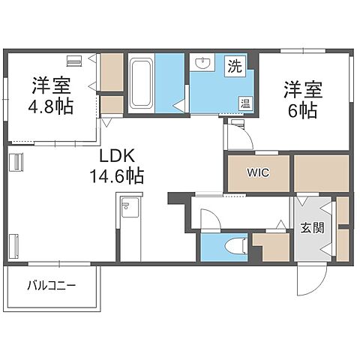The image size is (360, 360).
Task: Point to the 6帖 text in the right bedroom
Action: pos(302,110)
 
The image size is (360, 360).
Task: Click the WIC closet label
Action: pos(258,172)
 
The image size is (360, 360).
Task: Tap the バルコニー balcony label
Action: pos(52,285)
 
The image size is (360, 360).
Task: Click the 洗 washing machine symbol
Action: pos(235,66)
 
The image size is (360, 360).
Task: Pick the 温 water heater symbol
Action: pos(245,103)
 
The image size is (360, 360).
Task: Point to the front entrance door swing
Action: pos(309,280)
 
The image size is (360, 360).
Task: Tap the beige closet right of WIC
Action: pos(321,172)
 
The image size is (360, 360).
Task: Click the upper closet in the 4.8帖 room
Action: pos(112,71)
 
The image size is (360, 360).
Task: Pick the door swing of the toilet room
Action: pos(211,218)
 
